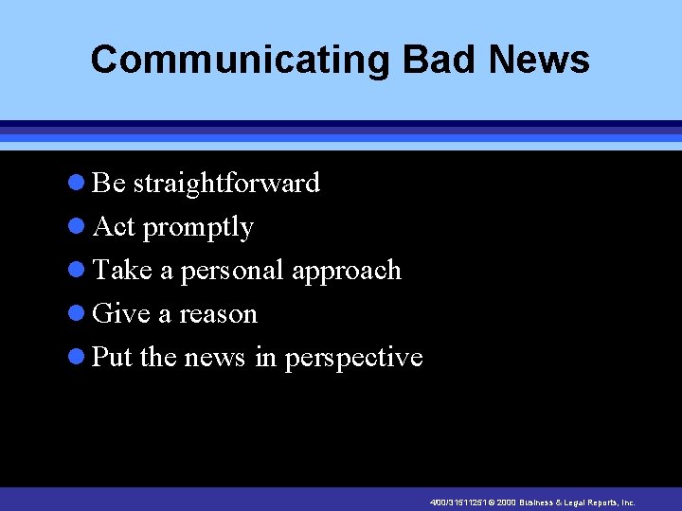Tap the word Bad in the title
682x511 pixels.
(438, 60)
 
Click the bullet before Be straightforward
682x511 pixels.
(79, 184)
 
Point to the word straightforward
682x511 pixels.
(226, 183)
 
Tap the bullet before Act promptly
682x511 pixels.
(79, 227)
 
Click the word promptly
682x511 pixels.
(198, 228)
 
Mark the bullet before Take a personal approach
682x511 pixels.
(79, 271)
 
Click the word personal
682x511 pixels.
(232, 272)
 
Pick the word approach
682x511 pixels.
(347, 272)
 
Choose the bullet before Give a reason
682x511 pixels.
(79, 314)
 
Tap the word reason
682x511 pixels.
(217, 314)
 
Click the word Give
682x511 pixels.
(121, 313)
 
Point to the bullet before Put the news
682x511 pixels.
(79, 358)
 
